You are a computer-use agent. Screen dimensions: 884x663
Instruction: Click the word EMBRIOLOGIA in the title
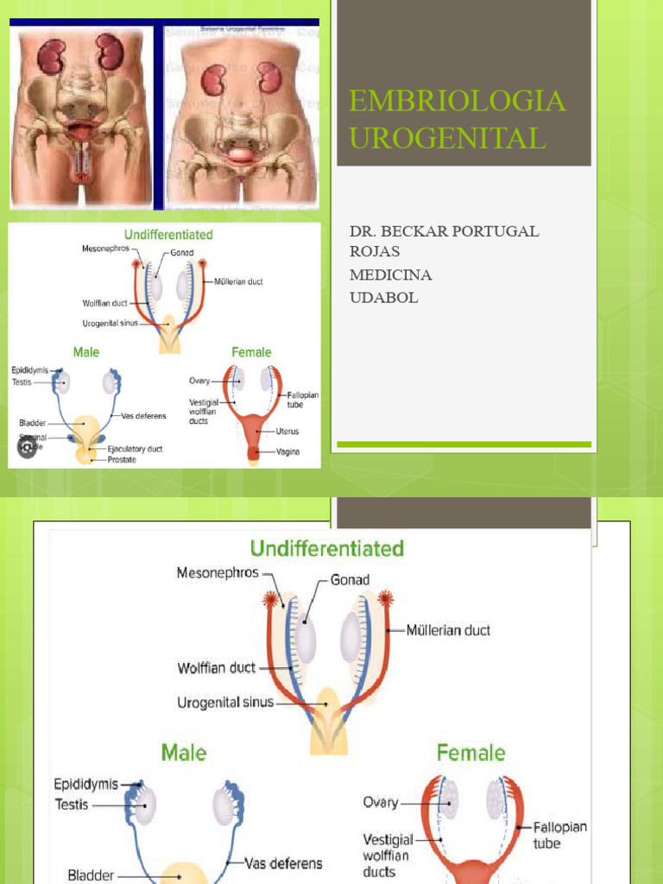(x=458, y=101)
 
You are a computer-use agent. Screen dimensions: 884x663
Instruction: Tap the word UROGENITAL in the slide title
(x=447, y=138)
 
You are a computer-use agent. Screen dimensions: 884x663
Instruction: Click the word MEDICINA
(x=391, y=275)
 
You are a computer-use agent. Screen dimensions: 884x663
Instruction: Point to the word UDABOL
(x=383, y=297)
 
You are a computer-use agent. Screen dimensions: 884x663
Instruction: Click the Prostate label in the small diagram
(x=122, y=460)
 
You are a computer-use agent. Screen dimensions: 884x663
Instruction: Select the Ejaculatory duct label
(x=135, y=449)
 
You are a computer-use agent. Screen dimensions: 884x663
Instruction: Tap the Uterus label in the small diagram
(x=288, y=432)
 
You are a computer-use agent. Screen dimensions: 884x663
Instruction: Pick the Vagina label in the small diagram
(x=288, y=452)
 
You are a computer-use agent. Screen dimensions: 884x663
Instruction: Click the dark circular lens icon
(x=28, y=448)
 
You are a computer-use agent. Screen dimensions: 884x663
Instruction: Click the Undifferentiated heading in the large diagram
(x=326, y=548)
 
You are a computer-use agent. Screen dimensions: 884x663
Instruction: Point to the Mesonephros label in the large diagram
(x=218, y=572)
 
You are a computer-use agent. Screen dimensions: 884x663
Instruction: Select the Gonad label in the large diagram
(x=350, y=580)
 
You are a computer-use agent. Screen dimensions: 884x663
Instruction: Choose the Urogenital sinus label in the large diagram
(x=225, y=702)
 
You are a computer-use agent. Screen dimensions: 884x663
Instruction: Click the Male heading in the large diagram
(x=184, y=753)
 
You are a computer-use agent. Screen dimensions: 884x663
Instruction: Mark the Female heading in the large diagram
(x=470, y=753)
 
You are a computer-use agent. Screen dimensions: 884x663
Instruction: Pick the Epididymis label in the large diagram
(x=85, y=785)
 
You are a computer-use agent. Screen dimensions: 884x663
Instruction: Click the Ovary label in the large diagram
(x=381, y=802)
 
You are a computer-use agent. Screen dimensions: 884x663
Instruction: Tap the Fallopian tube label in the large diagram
(x=559, y=835)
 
